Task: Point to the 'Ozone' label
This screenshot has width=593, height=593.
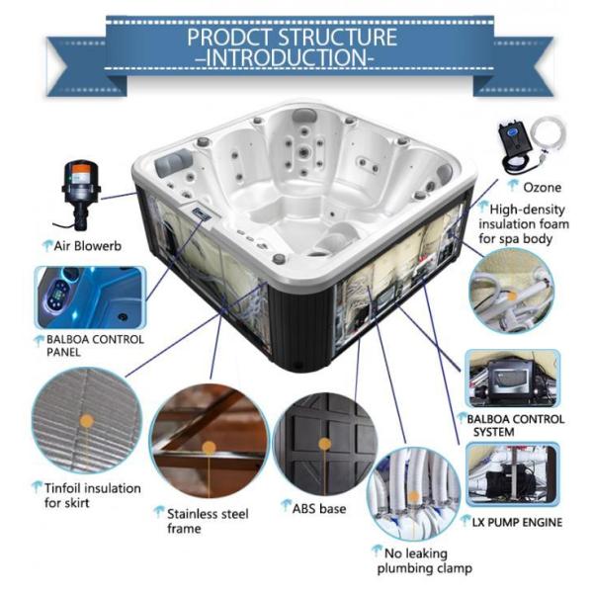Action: tap(542, 186)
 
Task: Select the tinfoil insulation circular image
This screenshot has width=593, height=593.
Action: tap(86, 421)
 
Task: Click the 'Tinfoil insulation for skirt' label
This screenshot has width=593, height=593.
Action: tap(92, 495)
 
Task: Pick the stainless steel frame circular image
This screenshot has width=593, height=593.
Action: tap(208, 441)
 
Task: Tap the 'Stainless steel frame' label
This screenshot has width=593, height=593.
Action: tap(207, 521)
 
